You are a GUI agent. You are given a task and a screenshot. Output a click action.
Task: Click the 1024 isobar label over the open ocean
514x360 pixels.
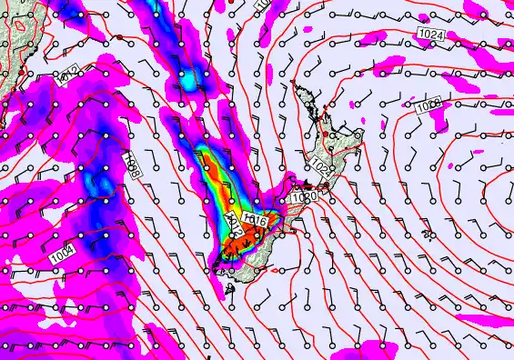432,34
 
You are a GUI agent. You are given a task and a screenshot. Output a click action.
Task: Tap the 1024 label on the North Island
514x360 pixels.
321,168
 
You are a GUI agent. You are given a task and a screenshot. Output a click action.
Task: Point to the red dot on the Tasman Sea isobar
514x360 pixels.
119,37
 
